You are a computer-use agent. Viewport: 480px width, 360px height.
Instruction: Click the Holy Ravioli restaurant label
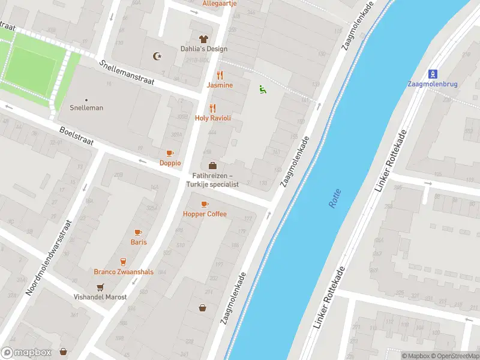tap(212, 118)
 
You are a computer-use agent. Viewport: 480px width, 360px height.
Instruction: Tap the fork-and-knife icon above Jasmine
tap(220, 75)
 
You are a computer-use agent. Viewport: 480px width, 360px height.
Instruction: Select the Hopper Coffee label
tap(205, 214)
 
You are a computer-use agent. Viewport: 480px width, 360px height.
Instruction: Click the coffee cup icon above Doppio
tap(170, 153)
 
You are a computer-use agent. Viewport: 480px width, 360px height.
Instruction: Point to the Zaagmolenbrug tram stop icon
tap(432, 74)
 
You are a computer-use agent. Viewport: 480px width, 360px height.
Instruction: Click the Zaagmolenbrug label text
tap(432, 84)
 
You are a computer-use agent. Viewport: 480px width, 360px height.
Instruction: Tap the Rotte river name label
tap(335, 198)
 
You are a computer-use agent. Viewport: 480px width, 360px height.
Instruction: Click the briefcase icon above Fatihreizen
tap(212, 165)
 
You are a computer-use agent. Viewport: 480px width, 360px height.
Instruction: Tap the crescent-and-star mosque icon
tap(158, 56)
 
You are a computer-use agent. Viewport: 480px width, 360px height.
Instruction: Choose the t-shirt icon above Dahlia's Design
tap(203, 39)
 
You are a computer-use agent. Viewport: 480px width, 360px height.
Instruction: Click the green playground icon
tap(262, 89)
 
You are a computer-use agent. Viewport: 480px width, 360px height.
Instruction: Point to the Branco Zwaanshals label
tap(124, 272)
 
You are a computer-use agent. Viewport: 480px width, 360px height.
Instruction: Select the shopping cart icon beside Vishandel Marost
tap(100, 286)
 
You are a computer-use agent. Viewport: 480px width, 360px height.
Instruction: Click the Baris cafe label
tap(139, 242)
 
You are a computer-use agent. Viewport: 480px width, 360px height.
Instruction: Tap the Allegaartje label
tap(220, 3)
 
